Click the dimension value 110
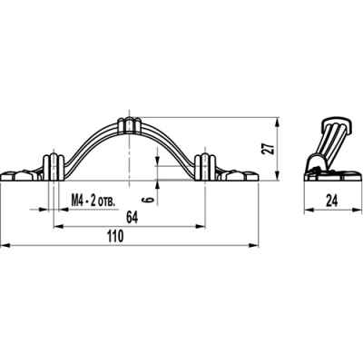[x=116, y=236]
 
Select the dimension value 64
[x=132, y=218]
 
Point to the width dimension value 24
[x=332, y=201]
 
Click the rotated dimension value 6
[x=147, y=200]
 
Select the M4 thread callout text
[x=93, y=201]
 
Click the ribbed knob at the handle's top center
[x=130, y=125]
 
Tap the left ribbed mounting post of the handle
[x=54, y=167]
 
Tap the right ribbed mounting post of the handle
[x=205, y=167]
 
